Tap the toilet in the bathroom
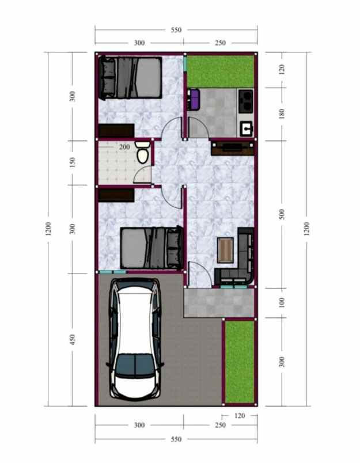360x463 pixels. click(143, 155)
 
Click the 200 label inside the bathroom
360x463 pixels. click(124, 147)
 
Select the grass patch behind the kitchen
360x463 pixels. click(221, 70)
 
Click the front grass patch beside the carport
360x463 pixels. click(238, 362)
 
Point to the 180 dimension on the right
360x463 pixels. click(282, 114)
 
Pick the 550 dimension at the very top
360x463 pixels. click(176, 31)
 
